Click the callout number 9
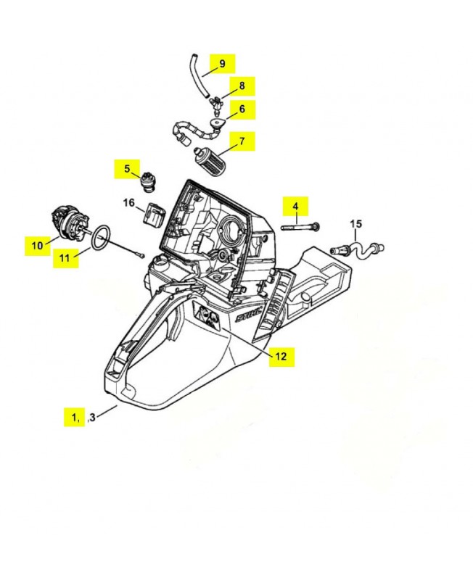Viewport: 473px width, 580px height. pos(222,64)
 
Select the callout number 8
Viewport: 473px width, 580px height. pos(242,86)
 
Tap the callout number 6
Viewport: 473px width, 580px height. pos(242,109)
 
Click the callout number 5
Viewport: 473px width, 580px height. pos(127,169)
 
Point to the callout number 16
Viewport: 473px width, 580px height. pos(128,204)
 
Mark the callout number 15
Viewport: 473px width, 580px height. pos(355,224)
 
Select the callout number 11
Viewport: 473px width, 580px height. pos(65,258)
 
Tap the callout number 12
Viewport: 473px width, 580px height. pos(281,356)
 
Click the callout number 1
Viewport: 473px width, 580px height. pos(75,417)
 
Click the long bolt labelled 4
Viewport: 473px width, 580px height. pos(297,227)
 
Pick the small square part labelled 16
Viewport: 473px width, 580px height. pos(154,216)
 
